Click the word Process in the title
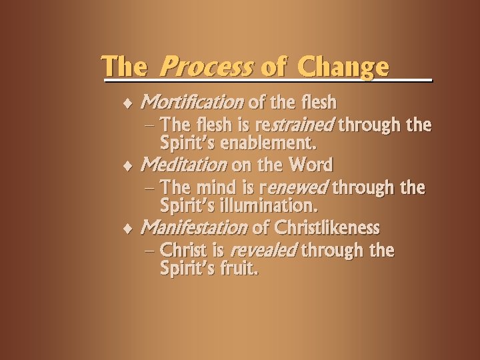(x=207, y=67)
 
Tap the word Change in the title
(x=343, y=67)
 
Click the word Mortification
(x=192, y=103)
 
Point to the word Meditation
(x=184, y=165)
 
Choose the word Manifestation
(x=194, y=228)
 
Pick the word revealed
(x=263, y=251)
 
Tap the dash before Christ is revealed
(x=151, y=251)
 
